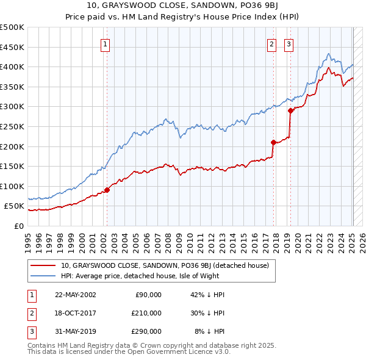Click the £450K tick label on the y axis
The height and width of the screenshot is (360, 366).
(12, 47)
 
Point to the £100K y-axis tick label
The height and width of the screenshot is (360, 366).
(12, 186)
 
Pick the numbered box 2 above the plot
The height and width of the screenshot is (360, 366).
(271, 44)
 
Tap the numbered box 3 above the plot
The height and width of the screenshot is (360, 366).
(289, 44)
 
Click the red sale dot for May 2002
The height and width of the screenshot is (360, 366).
(107, 190)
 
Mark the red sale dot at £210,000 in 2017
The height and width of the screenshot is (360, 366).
(273, 142)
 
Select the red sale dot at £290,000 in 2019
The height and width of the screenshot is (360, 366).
(290, 110)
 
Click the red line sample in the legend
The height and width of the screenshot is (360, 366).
(43, 265)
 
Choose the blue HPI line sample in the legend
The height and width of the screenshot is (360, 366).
(43, 276)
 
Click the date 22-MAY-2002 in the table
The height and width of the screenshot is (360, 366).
(75, 295)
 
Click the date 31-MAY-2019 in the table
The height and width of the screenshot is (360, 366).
(75, 331)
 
